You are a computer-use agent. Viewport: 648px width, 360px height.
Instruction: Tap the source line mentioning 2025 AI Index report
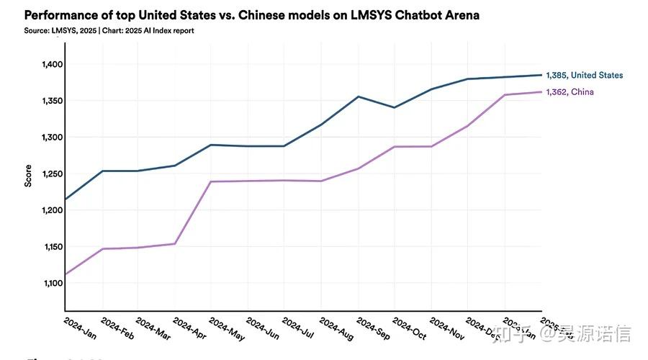click(109, 31)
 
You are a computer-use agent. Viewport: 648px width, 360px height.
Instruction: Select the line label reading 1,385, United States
click(584, 75)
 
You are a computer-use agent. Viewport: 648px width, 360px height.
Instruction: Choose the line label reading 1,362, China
click(570, 92)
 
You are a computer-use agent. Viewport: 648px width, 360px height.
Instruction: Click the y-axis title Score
click(28, 175)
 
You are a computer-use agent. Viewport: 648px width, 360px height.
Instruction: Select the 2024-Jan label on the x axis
click(80, 328)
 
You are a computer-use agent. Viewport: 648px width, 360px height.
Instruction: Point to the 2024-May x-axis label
click(226, 328)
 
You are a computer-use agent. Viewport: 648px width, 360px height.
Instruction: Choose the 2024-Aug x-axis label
click(336, 328)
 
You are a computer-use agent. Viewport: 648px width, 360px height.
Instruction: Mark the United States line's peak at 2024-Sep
click(359, 96)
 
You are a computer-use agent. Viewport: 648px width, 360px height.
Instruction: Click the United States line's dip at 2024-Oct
click(394, 107)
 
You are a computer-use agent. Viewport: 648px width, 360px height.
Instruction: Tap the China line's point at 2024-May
click(211, 181)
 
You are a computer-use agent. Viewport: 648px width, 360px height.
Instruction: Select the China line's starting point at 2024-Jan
click(65, 274)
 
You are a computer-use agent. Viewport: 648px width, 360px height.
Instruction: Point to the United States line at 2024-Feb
click(102, 171)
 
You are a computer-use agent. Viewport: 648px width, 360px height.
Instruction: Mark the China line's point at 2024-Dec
click(468, 126)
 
